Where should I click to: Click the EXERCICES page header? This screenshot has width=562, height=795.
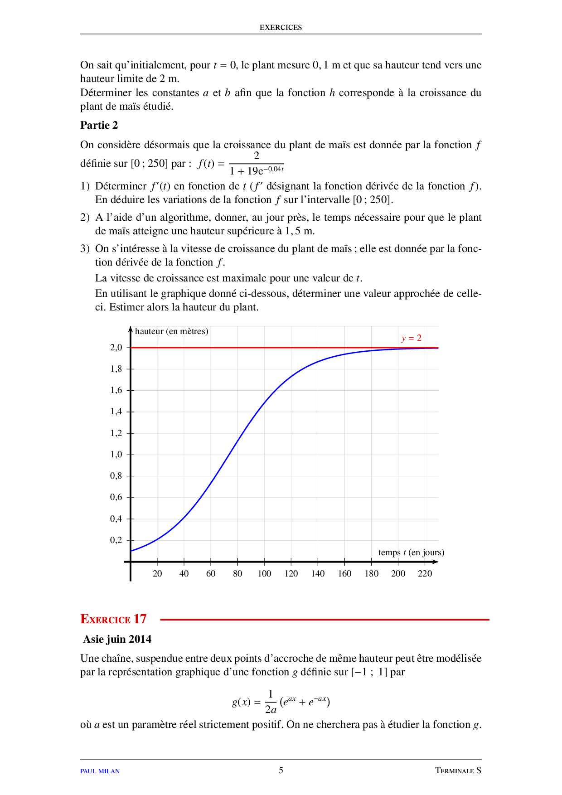click(281, 27)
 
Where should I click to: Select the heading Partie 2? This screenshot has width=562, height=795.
click(99, 126)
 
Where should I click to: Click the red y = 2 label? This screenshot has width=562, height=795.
click(411, 338)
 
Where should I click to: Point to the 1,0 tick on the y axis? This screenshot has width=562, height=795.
click(116, 455)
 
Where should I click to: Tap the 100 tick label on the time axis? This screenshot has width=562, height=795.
click(264, 574)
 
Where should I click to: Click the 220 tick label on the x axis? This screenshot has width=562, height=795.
click(425, 574)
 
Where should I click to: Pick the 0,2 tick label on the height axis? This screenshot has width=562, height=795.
click(116, 540)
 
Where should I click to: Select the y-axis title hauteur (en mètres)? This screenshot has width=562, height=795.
click(171, 331)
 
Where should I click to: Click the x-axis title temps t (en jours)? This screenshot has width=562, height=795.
click(411, 553)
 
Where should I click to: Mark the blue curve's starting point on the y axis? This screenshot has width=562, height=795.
click(131, 551)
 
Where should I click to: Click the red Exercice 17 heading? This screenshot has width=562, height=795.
click(113, 619)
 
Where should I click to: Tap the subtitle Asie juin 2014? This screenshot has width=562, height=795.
click(117, 639)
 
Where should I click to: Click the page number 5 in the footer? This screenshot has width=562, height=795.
click(281, 770)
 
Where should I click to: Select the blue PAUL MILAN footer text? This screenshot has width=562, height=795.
click(100, 771)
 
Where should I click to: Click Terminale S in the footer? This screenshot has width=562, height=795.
click(458, 771)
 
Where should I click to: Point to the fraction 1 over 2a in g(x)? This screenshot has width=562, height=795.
click(271, 702)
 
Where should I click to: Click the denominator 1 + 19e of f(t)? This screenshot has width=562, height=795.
click(256, 171)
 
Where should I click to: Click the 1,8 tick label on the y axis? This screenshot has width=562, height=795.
click(116, 369)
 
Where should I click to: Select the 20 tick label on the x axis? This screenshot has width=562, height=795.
click(157, 574)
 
